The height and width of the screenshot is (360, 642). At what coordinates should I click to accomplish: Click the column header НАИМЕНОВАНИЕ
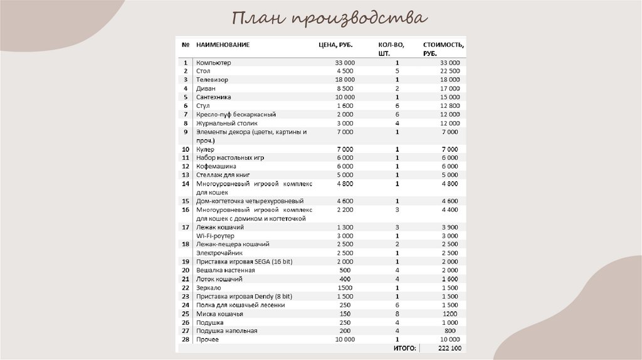[223, 45]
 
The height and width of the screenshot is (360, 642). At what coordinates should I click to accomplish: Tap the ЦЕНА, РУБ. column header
[335, 45]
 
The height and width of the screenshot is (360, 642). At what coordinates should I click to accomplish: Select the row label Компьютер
[213, 63]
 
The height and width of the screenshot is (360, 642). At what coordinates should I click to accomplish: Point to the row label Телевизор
[212, 80]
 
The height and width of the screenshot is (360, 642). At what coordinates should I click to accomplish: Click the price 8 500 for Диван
[345, 89]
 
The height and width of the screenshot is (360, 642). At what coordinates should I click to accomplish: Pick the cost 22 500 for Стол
[450, 71]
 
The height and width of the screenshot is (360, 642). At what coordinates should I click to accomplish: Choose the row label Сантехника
[213, 97]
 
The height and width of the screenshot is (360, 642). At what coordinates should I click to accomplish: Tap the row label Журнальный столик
[226, 124]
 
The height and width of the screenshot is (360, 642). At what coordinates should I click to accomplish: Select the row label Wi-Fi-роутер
[215, 236]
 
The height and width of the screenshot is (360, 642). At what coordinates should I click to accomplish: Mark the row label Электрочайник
[218, 253]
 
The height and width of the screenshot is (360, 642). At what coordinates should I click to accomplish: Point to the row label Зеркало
[209, 288]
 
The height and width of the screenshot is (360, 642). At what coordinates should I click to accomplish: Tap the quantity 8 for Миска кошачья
[397, 314]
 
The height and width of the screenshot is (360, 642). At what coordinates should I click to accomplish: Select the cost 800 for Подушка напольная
[450, 331]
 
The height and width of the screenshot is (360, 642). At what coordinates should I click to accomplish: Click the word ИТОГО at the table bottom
[405, 348]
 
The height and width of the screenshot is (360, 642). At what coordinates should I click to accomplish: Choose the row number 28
[186, 339]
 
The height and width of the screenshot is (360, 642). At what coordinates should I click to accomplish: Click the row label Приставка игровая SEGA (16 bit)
[240, 262]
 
